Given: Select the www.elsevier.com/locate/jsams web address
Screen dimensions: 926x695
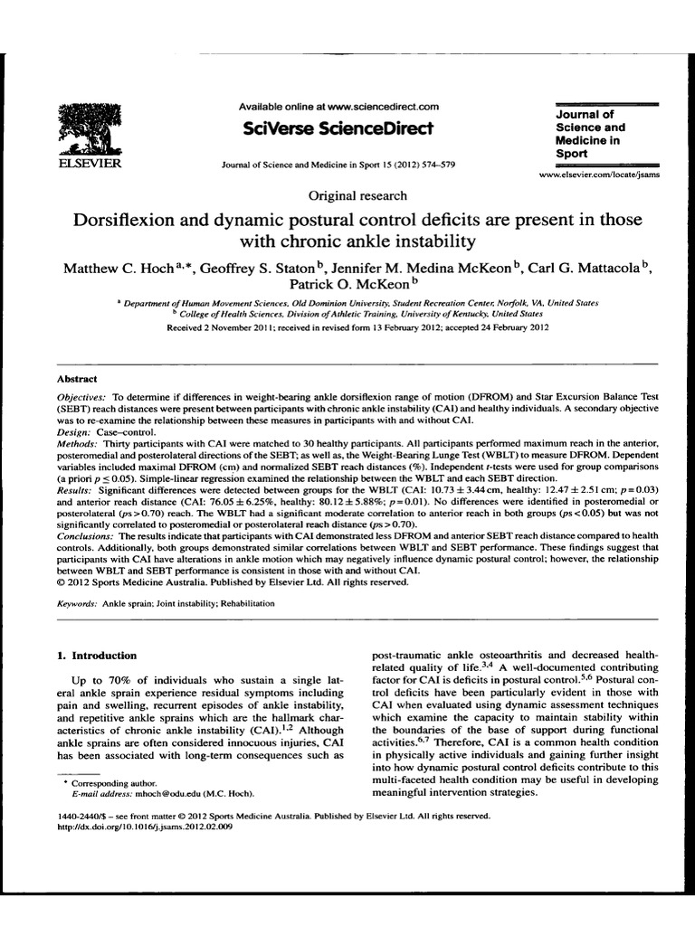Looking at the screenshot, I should (599, 175).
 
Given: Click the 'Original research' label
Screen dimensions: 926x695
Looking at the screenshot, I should (357, 195).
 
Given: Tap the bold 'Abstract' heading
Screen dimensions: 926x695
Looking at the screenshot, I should (77, 379).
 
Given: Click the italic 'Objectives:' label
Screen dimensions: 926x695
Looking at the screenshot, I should (83, 397).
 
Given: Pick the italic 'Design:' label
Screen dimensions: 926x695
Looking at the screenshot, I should (75, 434).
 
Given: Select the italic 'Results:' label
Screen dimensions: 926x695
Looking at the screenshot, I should (77, 489).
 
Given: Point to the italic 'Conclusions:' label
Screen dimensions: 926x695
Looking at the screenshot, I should (88, 535).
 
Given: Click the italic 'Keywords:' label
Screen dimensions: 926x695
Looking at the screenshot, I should (79, 602).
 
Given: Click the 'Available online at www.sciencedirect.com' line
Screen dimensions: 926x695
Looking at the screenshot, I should (338, 107).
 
